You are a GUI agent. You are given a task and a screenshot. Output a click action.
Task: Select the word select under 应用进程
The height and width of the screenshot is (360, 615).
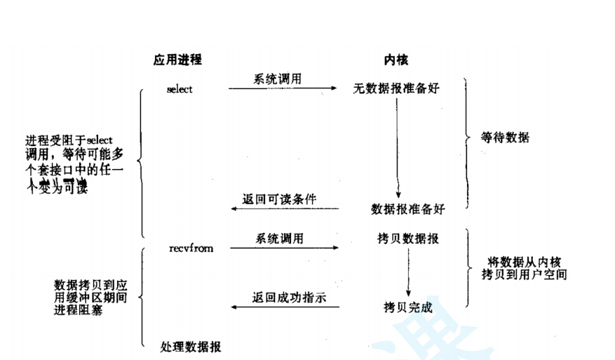click(180, 89)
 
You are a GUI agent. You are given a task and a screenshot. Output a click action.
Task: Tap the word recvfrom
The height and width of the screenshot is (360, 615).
click(191, 248)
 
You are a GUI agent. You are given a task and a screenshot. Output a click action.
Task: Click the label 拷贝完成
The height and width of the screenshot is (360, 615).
click(407, 307)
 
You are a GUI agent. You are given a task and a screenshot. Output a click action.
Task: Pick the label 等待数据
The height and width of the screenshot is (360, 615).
click(506, 138)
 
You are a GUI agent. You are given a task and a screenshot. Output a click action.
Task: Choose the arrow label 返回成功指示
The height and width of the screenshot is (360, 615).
click(289, 297)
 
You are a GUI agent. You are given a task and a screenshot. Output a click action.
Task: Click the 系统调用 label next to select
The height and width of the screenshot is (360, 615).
click(278, 79)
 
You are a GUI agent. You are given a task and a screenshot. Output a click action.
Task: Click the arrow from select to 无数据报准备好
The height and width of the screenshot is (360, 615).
click(283, 89)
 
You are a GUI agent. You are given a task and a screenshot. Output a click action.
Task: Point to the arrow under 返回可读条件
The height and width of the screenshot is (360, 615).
click(283, 209)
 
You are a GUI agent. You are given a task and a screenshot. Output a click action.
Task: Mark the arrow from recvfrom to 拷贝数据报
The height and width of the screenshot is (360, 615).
click(283, 248)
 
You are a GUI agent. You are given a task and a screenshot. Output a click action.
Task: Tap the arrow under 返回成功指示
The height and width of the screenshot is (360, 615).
click(283, 307)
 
